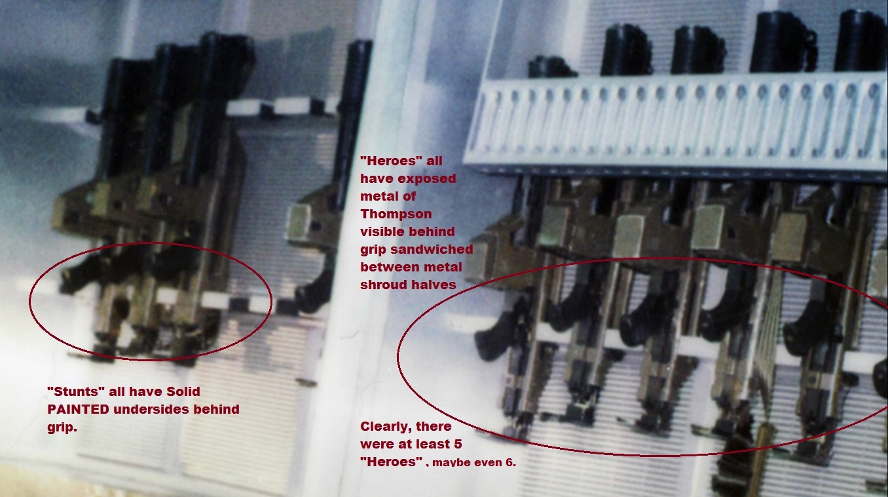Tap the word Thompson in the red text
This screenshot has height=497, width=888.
click(396, 214)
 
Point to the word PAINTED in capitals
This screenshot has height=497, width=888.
click(78, 409)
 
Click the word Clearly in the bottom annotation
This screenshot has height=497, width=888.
click(386, 427)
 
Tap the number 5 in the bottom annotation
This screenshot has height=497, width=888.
click(458, 444)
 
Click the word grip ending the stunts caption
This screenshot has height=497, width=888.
click(62, 427)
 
